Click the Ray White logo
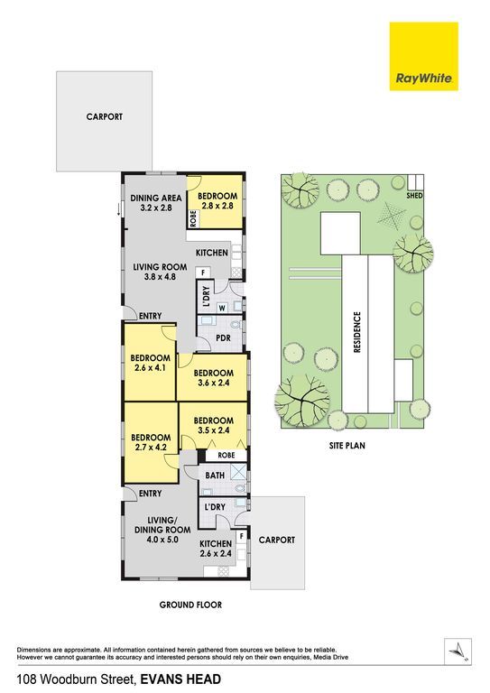(x=423, y=57)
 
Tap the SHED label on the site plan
(x=414, y=195)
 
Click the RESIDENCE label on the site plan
(x=357, y=332)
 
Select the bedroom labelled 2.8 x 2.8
(x=215, y=202)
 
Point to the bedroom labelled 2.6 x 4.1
(x=150, y=363)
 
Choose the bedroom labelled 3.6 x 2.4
(x=213, y=377)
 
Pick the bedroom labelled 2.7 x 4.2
(x=151, y=442)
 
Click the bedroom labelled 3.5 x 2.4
(x=213, y=425)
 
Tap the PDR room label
(x=224, y=338)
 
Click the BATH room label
(x=215, y=476)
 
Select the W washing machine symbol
(x=222, y=308)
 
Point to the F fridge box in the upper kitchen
(x=203, y=273)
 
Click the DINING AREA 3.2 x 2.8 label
(x=155, y=203)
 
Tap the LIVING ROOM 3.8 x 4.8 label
(x=160, y=272)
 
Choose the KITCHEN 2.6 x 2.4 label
(x=216, y=549)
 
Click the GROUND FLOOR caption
(x=191, y=605)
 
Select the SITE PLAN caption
(x=347, y=446)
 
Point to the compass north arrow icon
(x=458, y=651)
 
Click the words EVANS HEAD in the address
(x=180, y=679)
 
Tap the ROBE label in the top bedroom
(x=193, y=218)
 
